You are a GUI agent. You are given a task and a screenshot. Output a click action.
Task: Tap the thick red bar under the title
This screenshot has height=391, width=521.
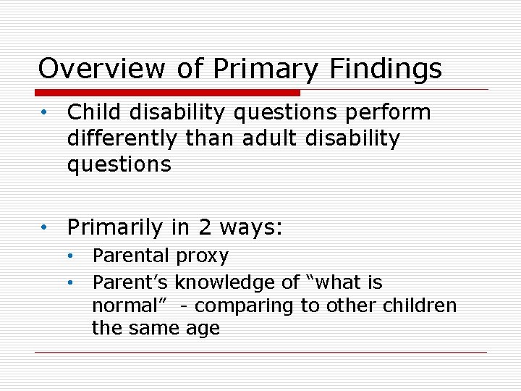click(x=167, y=93)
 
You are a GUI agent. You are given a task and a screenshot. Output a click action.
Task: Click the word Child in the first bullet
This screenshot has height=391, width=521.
click(x=90, y=113)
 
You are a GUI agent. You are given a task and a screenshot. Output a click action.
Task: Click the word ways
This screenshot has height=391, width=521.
click(x=250, y=228)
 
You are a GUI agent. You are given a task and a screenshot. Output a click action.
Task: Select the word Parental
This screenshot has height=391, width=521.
click(x=131, y=256)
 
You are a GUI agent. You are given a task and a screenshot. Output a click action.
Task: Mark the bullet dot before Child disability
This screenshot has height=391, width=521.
click(x=44, y=113)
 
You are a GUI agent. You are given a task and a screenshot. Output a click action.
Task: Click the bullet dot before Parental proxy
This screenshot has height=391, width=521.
click(x=71, y=256)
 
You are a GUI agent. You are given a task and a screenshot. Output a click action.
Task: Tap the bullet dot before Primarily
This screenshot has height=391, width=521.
click(x=44, y=228)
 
